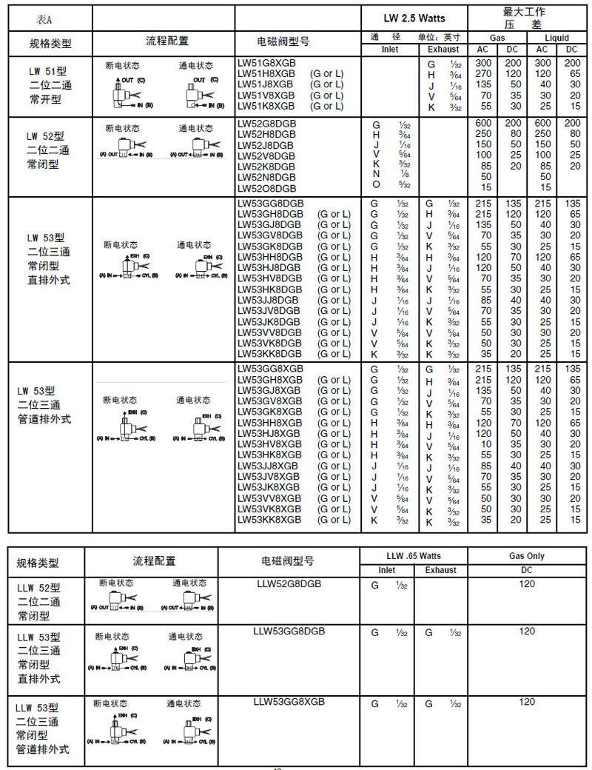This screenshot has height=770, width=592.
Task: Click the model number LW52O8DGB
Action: coord(266,188)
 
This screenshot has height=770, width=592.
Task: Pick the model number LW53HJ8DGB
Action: coord(269,267)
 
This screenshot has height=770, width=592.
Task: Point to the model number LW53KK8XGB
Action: coord(270,520)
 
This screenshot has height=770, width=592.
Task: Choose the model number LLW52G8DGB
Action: coord(289,584)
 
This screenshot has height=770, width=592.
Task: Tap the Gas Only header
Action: coord(527,556)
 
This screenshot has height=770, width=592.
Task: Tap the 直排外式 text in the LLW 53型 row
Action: coord(39,678)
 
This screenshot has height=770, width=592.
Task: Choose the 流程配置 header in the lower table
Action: coord(150,561)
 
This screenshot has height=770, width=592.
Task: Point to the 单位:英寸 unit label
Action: coord(441,37)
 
